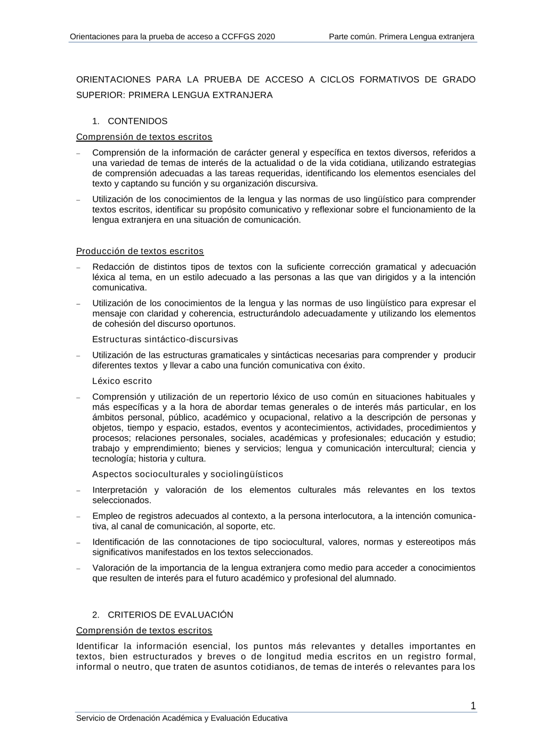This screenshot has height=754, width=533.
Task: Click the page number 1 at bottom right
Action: pos(473,707)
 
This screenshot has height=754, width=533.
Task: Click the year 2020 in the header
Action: pos(266,37)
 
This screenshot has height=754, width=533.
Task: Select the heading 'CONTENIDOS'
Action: pos(138,121)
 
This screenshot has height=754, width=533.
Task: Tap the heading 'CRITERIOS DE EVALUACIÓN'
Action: pos(170,615)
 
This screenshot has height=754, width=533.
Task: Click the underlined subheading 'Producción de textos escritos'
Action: pos(140,251)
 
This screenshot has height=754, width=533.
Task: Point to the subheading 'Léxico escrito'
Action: pos(122,381)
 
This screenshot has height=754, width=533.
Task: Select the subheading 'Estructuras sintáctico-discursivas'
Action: pos(165,340)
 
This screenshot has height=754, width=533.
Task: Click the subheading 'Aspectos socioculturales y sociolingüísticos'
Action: pos(188,475)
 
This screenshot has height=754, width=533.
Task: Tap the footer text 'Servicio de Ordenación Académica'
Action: pos(139,718)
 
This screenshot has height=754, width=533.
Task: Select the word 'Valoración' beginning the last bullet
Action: pos(113,568)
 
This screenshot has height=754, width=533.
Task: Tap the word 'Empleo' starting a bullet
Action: pos(106,516)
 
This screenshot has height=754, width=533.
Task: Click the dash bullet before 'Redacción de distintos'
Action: pos(78,268)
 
